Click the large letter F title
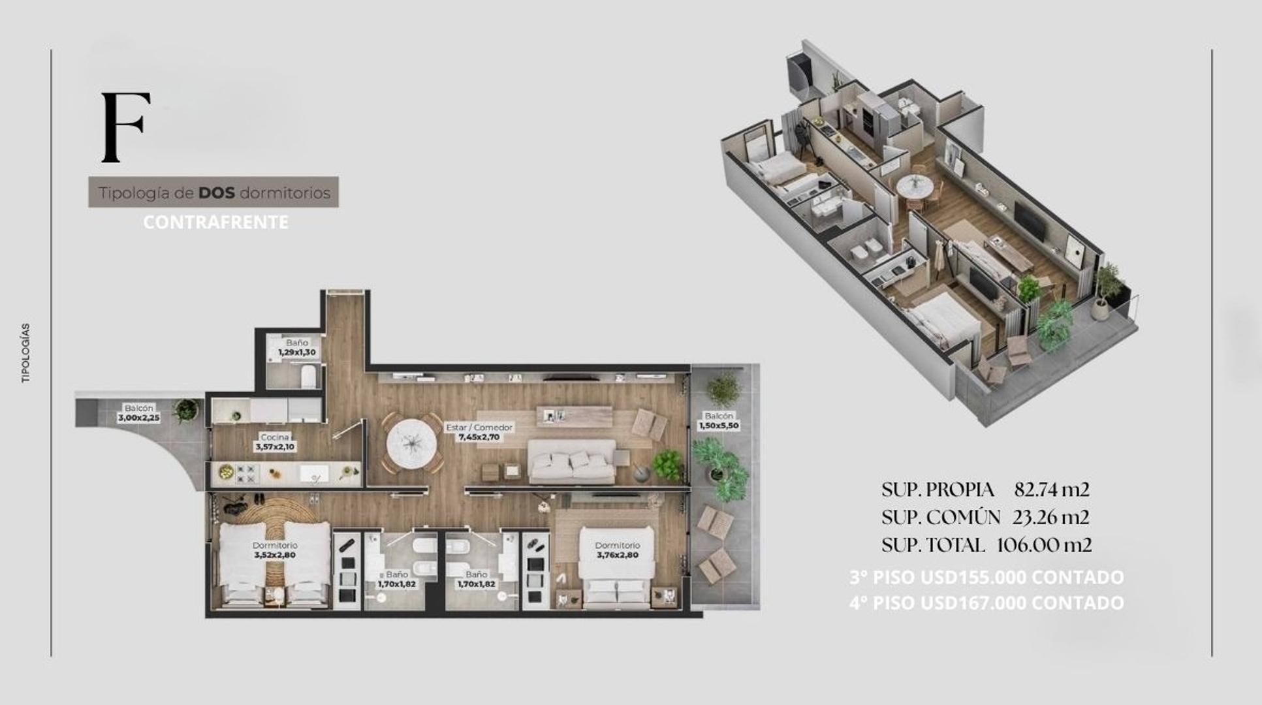[x=125, y=127]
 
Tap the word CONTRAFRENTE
[x=215, y=223]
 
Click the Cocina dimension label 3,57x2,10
[x=275, y=447]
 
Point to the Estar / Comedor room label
[x=479, y=428]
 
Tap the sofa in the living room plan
[x=571, y=462]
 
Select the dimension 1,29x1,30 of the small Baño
[x=297, y=352]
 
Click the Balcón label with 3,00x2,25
[x=138, y=413]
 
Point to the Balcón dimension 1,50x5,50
[x=719, y=425]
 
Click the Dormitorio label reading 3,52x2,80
[x=275, y=555]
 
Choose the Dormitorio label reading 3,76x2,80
[x=617, y=555]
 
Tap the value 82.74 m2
[x=1051, y=489]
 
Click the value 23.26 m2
[x=1050, y=517]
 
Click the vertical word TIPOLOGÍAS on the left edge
[x=26, y=352]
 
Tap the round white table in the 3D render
[x=915, y=187]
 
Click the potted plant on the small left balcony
[x=186, y=410]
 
